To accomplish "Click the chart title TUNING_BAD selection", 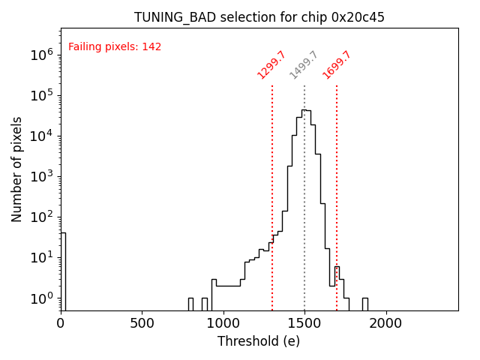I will tap(259, 17).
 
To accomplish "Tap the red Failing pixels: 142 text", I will tap(115, 47).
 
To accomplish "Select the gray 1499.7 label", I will tap(304, 65).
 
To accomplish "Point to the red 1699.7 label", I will tap(337, 65).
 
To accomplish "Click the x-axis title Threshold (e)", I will tap(259, 341).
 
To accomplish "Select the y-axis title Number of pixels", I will tap(17, 169).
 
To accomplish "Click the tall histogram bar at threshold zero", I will tap(63, 270).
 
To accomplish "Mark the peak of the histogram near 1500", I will tap(304, 111).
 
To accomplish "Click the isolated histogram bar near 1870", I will tap(364, 304).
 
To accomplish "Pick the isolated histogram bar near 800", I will tap(190, 304).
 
